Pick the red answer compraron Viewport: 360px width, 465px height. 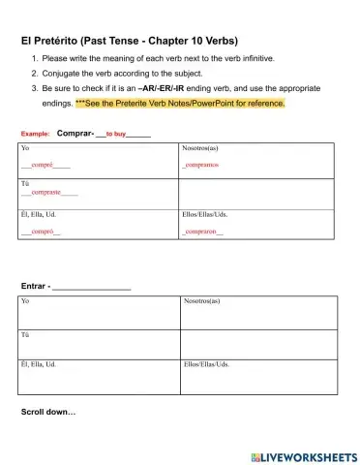(x=203, y=232)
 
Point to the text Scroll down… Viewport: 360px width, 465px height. (x=48, y=412)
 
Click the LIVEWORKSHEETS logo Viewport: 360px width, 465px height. (x=303, y=455)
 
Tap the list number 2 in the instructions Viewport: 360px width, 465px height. (x=34, y=73)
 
